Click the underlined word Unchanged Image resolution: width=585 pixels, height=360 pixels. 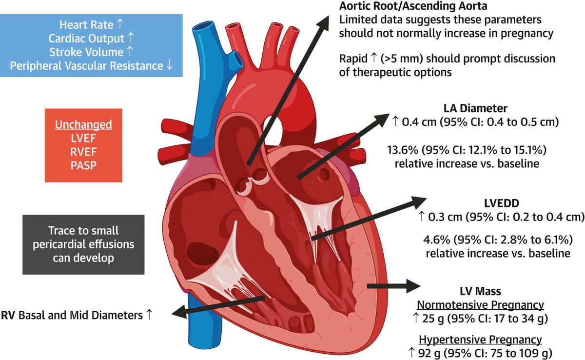click(83, 124)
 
